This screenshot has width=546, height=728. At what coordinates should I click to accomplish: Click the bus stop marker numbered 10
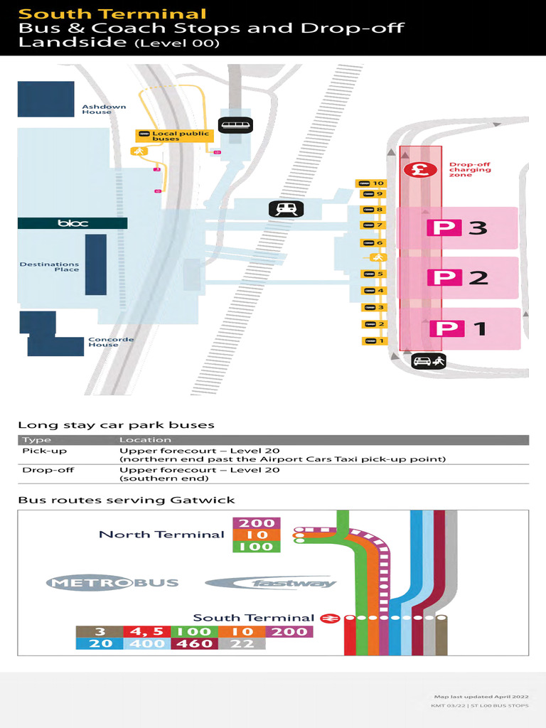[372, 183]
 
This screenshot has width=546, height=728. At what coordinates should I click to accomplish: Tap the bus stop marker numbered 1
[374, 341]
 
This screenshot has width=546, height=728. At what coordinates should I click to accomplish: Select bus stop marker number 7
[373, 226]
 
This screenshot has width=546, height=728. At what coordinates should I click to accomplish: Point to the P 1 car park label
[459, 328]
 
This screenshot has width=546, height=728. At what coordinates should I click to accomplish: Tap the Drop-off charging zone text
[469, 170]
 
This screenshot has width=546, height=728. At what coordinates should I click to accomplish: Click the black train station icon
[286, 209]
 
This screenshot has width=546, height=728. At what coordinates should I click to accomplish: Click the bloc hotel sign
[73, 223]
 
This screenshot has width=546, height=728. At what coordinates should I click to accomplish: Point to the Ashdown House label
[104, 109]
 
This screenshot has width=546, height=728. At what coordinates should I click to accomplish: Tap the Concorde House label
[111, 342]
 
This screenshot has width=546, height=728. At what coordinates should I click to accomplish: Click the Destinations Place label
[49, 267]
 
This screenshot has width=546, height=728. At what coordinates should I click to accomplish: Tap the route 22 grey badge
[242, 643]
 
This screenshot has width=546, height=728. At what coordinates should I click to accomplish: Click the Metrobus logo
[112, 584]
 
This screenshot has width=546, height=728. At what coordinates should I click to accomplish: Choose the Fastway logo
[271, 584]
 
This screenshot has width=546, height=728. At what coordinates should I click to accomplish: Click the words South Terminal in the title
[112, 14]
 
